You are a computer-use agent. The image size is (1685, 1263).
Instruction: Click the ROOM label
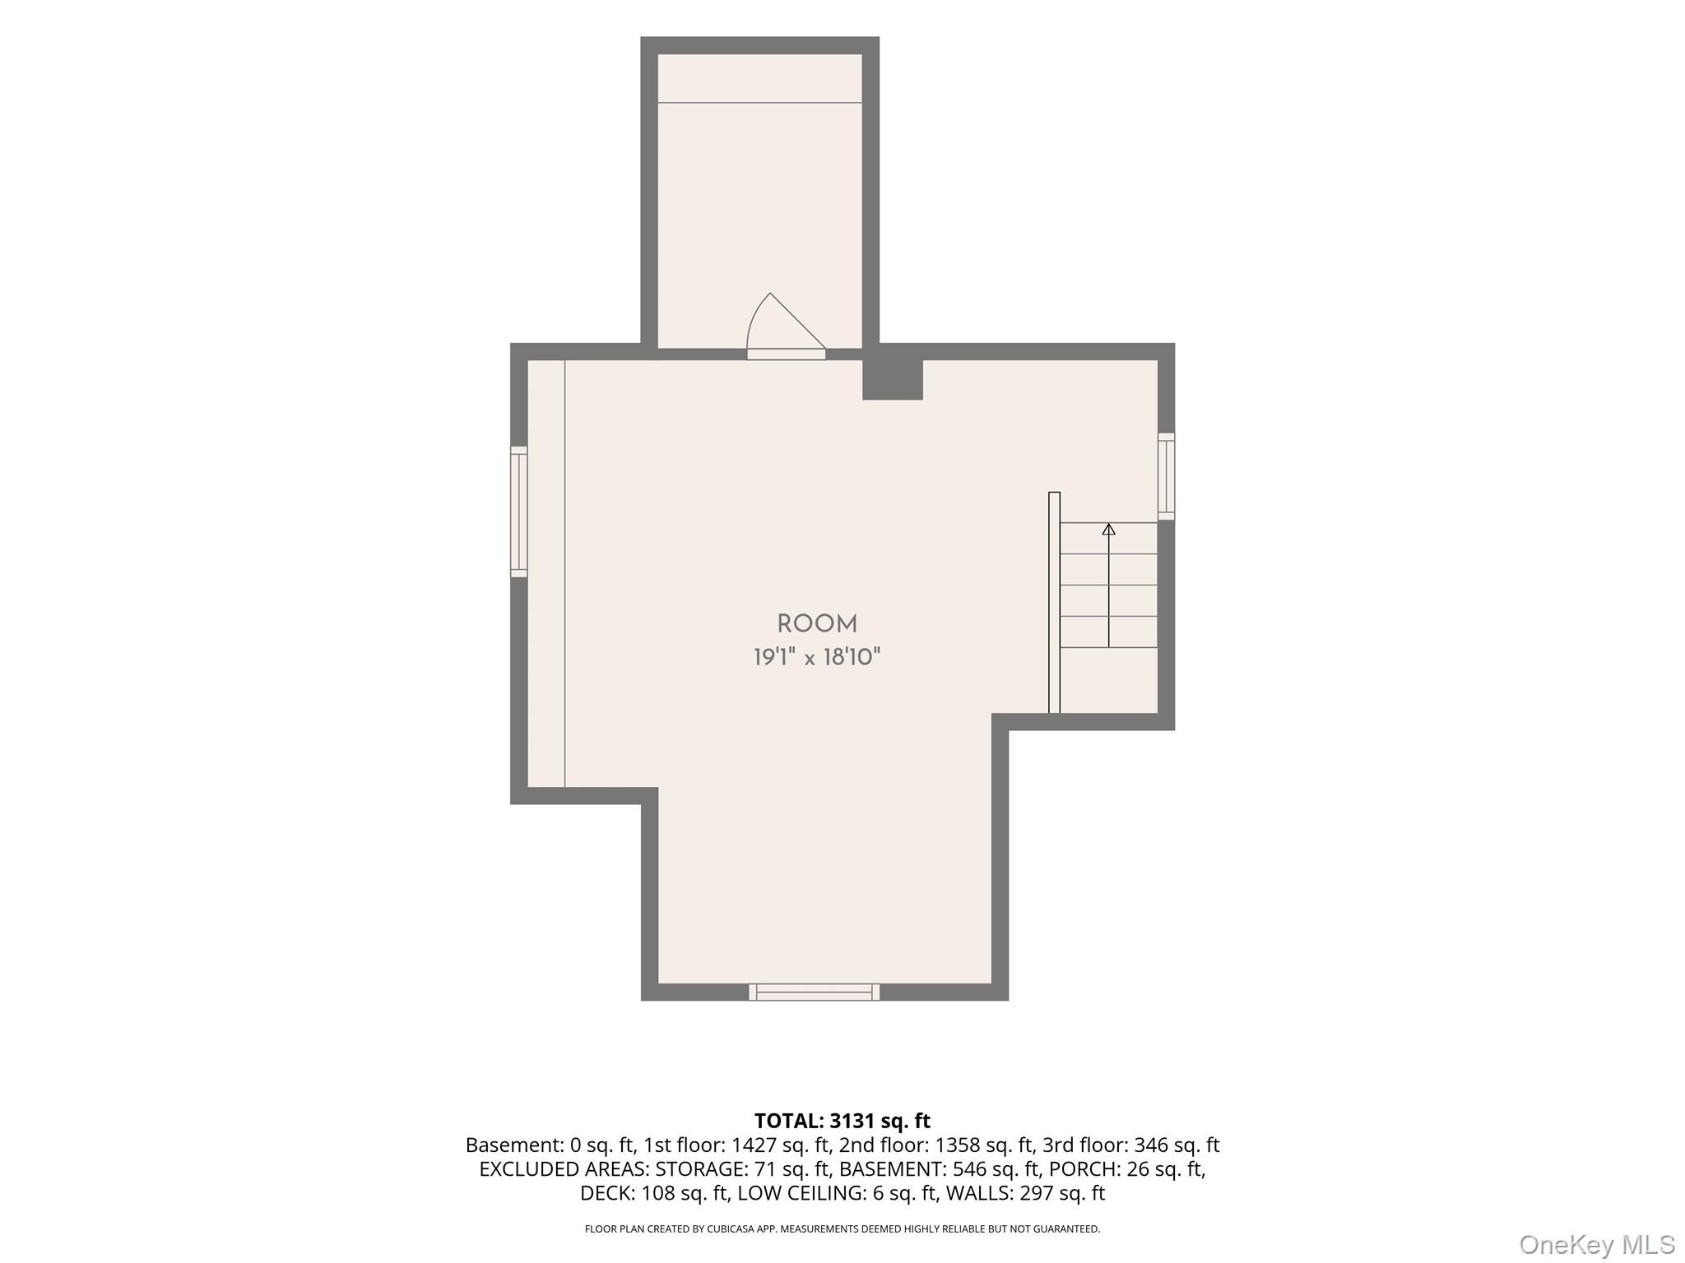coord(817,624)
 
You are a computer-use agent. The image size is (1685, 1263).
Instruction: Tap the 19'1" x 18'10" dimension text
coord(817,657)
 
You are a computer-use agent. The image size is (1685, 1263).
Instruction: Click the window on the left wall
coord(518,511)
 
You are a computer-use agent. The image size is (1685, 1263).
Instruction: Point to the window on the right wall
coord(1166,476)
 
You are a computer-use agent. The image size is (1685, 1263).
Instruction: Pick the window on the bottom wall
coord(814,992)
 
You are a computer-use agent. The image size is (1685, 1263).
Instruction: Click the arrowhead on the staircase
coord(1108,530)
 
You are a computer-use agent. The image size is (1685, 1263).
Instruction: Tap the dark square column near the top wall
coord(892,379)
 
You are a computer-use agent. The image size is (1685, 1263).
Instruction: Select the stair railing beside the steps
coord(1054,603)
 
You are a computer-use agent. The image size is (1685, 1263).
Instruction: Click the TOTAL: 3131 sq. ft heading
coord(842,1121)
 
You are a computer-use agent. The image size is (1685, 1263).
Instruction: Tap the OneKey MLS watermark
coord(1597,1245)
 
